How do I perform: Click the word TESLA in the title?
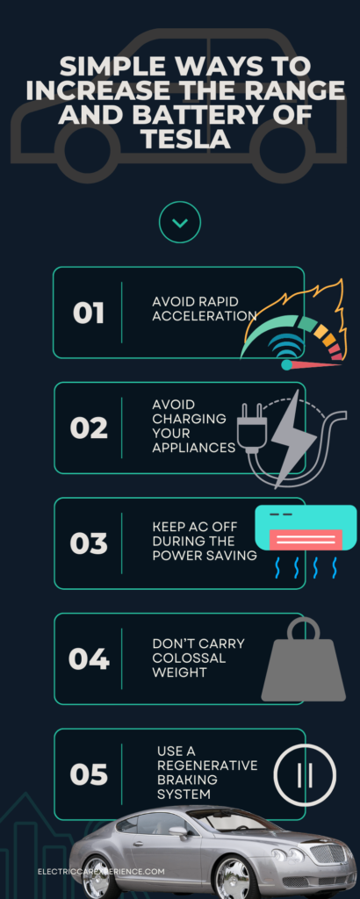coord(180,138)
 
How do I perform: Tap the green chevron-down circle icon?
coord(180,222)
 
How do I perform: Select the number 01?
coord(89,313)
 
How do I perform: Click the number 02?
coord(89,428)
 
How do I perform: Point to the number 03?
coord(89,543)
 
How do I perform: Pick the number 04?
coord(89,659)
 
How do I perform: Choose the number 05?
coord(89,774)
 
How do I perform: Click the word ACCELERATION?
coord(205,316)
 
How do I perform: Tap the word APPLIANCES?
coord(194,448)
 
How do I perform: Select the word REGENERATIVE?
coord(207,766)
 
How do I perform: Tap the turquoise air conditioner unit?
coord(306,529)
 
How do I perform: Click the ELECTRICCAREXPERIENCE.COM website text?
coord(101,872)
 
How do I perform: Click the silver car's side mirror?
coord(177,831)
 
